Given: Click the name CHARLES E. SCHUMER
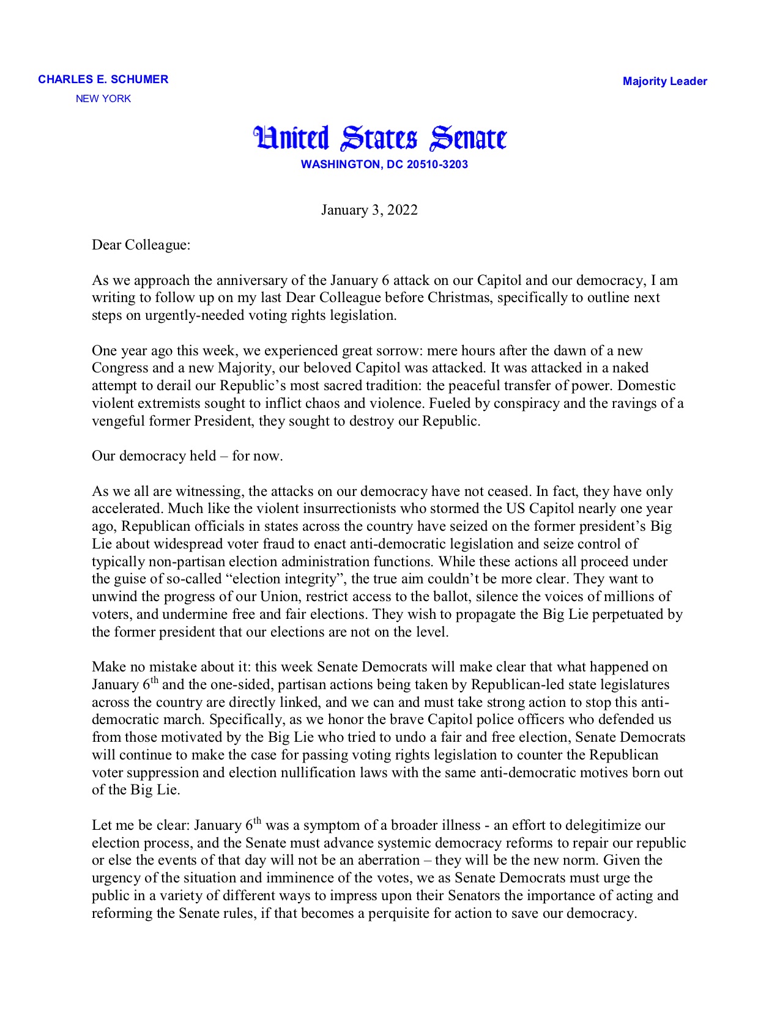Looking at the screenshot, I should tap(103, 79).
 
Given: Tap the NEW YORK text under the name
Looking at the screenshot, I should tap(103, 98).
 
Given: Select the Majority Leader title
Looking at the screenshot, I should tap(664, 81).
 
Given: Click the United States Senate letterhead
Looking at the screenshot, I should tap(380, 138).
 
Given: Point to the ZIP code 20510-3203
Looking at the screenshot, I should tap(437, 164).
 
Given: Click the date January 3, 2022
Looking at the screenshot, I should tap(369, 210).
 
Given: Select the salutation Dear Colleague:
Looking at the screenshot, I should tap(141, 245).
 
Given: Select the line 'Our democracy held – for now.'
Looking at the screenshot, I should tap(187, 456).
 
